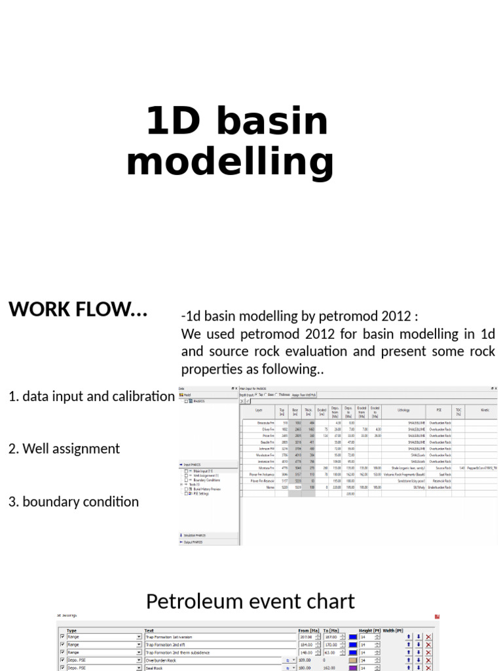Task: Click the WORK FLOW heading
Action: point(78,309)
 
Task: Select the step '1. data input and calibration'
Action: point(92,396)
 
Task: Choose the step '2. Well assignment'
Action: point(64,449)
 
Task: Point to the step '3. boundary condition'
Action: point(73,502)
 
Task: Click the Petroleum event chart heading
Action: point(251,601)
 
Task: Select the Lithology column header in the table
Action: point(403,410)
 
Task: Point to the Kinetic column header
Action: point(485,410)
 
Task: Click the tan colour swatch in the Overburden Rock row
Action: point(353,661)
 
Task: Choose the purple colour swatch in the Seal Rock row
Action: point(353,668)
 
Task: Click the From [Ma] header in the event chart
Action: point(308,631)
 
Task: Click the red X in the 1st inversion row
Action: point(428,637)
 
